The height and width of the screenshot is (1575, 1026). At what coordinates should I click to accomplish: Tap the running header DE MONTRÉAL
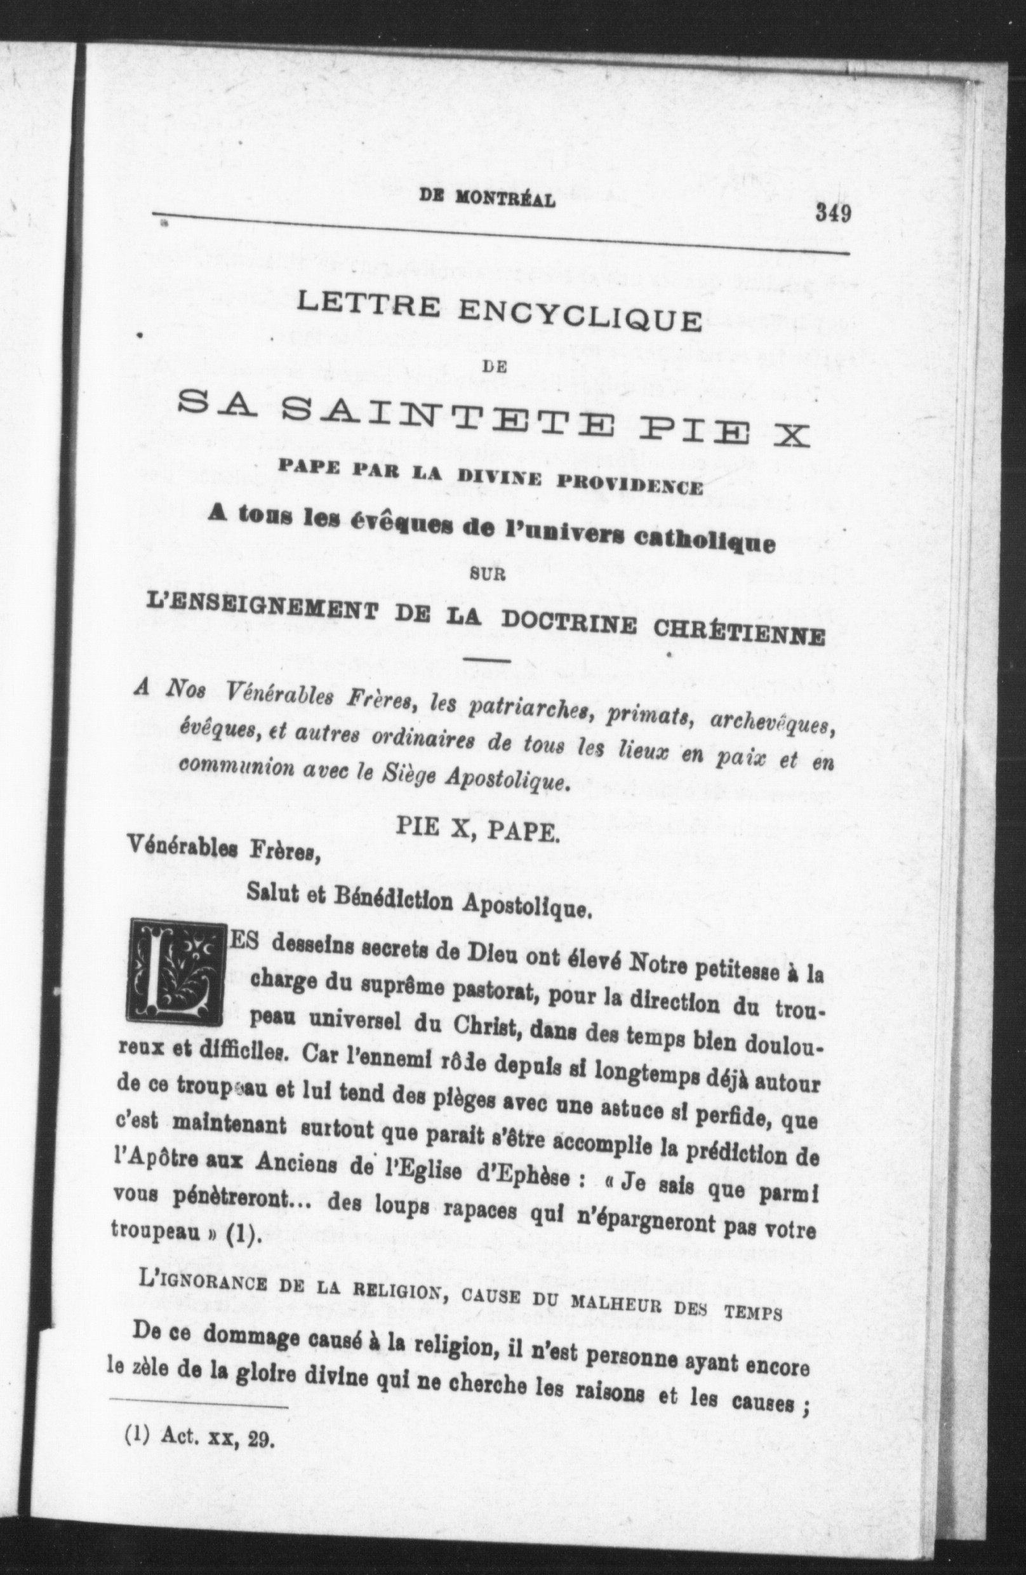point(488,199)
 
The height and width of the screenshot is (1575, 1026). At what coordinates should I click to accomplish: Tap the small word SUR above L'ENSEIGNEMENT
point(487,575)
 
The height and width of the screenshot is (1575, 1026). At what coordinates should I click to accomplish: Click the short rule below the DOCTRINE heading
point(488,660)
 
